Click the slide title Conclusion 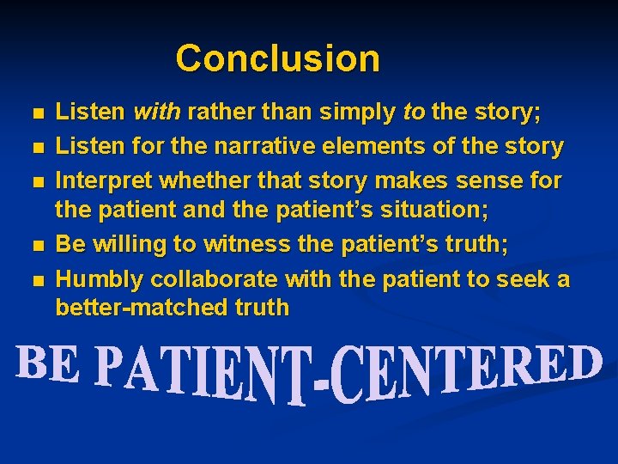click(277, 58)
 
